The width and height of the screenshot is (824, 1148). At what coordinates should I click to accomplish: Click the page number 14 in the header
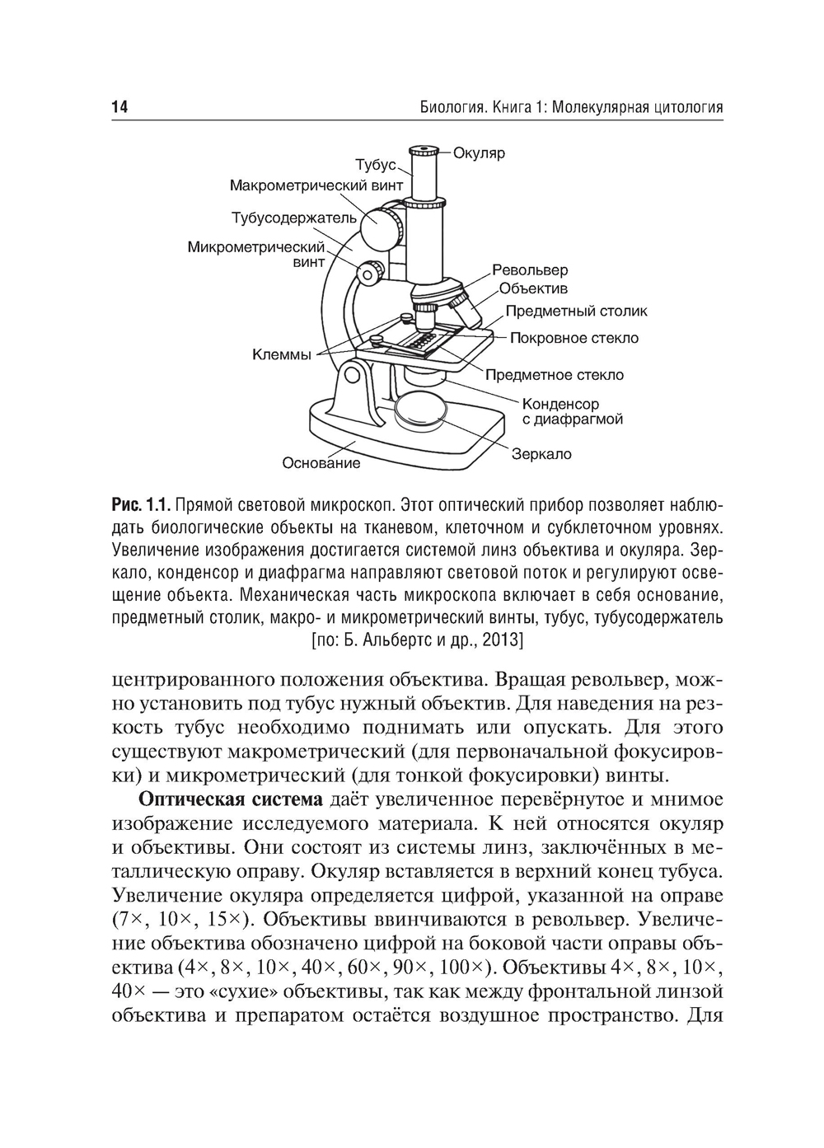pos(119,107)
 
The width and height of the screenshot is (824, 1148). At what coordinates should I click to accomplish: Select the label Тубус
pos(376,164)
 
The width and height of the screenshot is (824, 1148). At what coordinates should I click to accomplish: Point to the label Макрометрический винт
pos(316,185)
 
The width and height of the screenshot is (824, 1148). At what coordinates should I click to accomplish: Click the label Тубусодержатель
pos(293,218)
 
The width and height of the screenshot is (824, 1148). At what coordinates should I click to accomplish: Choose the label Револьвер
pos(530,270)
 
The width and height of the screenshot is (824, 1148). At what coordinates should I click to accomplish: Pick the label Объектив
pos(533,289)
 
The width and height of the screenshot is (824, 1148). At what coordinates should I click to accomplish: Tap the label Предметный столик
pos(576,311)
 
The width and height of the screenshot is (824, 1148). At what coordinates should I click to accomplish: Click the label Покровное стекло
pos(574,338)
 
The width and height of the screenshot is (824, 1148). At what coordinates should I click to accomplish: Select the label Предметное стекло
pos(554,375)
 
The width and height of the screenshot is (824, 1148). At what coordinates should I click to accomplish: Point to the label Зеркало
pos(541,454)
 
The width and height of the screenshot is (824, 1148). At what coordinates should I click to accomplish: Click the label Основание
pos(321,463)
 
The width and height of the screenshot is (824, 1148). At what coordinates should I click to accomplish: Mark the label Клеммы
pos(281,355)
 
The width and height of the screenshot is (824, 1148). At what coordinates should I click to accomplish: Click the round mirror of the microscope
pos(420,409)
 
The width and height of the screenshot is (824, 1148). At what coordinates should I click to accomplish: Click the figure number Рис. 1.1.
pos(139,503)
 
